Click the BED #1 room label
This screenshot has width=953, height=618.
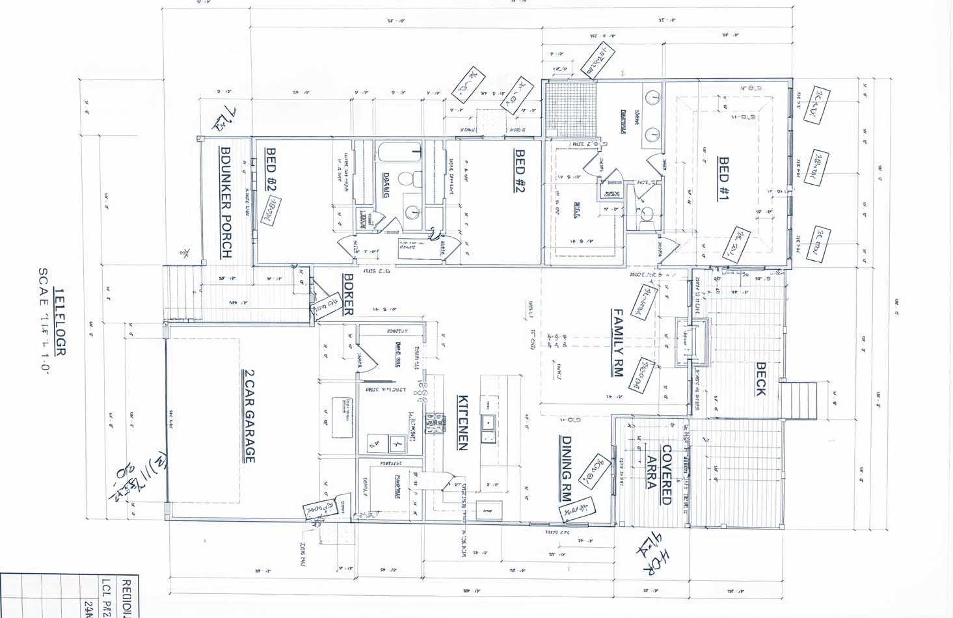(723, 179)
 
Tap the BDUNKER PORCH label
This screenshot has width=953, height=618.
(226, 202)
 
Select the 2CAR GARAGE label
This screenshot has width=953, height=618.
(248, 416)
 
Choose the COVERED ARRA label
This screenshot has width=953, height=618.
(659, 475)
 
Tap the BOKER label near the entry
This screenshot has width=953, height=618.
(349, 294)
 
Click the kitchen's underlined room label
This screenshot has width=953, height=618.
(463, 423)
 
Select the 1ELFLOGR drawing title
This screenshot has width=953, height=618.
(59, 322)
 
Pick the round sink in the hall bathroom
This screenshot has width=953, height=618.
(412, 211)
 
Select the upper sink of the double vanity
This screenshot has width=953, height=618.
(652, 98)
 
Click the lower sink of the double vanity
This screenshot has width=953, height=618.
(652, 135)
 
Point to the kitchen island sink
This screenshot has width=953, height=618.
(487, 423)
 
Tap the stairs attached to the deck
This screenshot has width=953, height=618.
(799, 401)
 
